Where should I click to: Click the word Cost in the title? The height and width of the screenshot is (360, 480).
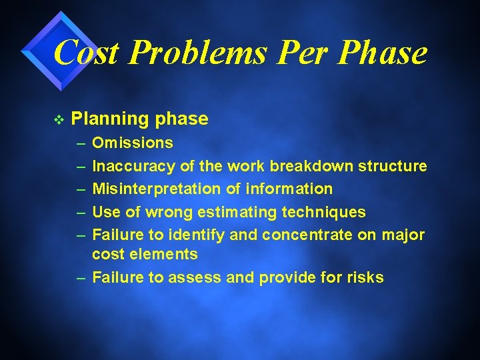[85, 52]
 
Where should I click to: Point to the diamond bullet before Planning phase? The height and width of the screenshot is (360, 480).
[58, 120]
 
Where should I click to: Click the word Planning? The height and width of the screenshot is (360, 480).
[109, 119]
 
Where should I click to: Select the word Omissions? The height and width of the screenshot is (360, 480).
[133, 143]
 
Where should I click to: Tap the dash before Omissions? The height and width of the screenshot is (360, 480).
[80, 143]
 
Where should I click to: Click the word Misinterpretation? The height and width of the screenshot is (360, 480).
[157, 189]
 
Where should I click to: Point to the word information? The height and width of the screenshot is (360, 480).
[289, 189]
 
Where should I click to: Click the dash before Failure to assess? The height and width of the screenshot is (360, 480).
[80, 278]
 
